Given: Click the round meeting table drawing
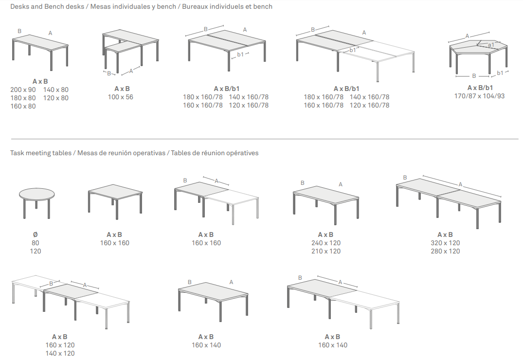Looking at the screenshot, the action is [36, 202].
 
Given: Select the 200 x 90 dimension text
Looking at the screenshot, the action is [23, 90].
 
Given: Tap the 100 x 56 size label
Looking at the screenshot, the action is [120, 97].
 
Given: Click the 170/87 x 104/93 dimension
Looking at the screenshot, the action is [479, 96].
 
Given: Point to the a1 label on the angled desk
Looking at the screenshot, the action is [491, 45].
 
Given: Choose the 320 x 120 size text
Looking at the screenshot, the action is [445, 243].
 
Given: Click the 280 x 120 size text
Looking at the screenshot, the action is [445, 251].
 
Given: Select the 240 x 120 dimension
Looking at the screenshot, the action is [326, 243].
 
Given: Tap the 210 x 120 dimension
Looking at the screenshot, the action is [326, 251].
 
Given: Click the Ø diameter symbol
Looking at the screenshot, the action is [36, 235].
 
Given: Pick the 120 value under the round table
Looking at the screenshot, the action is [36, 251].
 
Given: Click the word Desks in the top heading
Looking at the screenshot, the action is [19, 7].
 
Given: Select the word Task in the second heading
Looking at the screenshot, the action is [17, 153].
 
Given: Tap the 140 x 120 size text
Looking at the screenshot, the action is [60, 353].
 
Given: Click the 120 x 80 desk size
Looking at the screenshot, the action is [55, 98].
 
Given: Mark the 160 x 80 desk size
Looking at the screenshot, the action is [23, 107].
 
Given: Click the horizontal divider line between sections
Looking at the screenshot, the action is [265, 139].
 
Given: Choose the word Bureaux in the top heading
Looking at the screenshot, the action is [195, 7].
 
